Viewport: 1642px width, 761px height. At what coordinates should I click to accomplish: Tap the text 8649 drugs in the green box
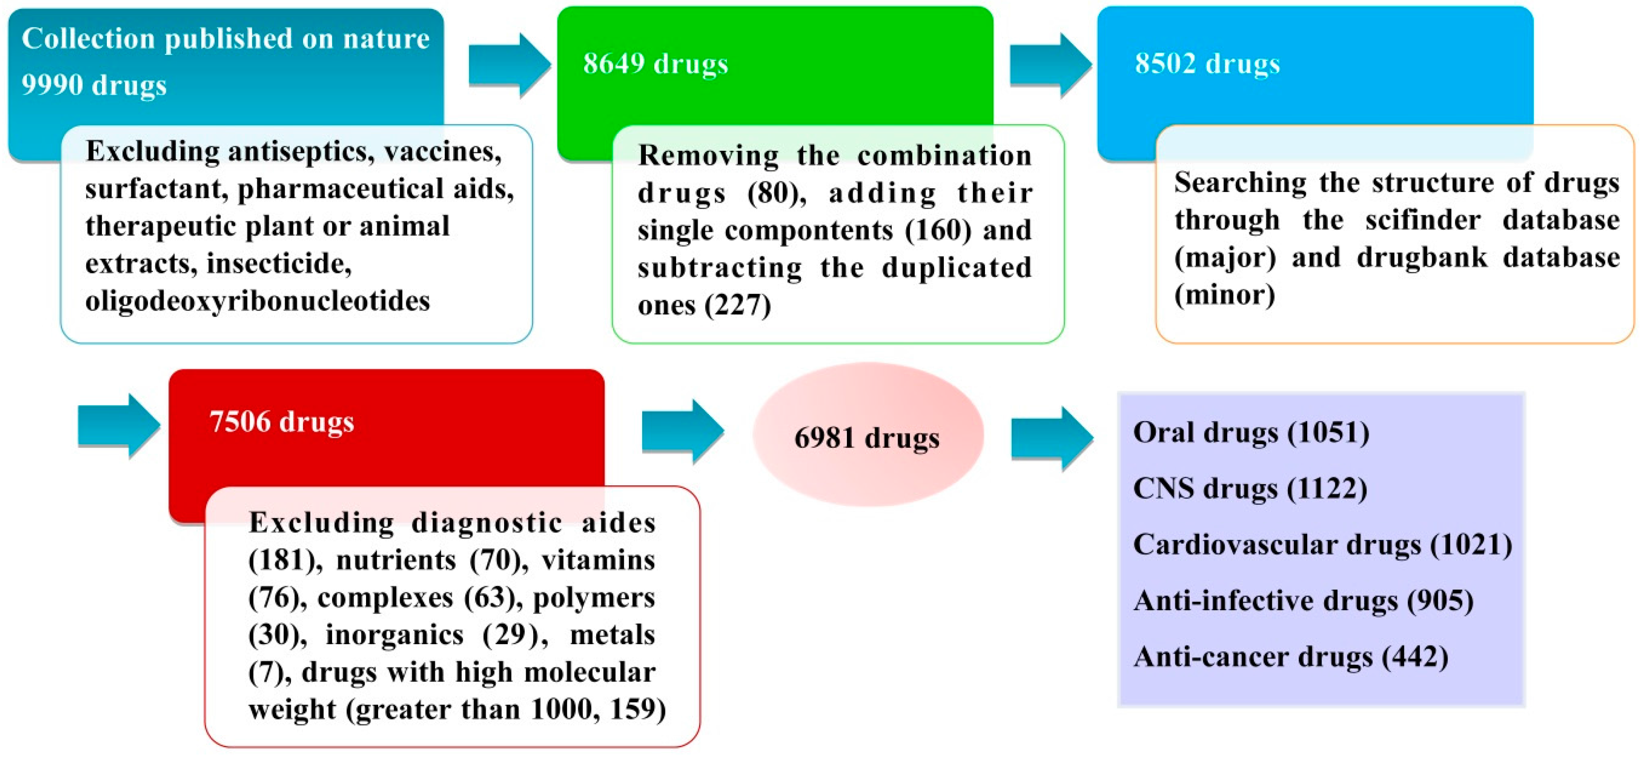click(x=655, y=64)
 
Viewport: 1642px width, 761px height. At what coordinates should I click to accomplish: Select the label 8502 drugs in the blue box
click(x=1207, y=64)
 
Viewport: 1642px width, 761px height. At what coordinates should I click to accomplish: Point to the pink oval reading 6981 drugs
click(x=867, y=438)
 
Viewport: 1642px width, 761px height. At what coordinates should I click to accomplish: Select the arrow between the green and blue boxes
click(x=1050, y=65)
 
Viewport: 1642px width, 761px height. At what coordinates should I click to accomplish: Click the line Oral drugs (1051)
click(x=1250, y=433)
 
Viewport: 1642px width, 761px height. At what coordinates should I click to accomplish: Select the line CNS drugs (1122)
click(x=1249, y=489)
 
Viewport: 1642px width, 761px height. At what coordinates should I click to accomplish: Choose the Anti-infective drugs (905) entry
click(x=1303, y=601)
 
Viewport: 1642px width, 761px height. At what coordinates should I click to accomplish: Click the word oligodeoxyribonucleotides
click(x=257, y=301)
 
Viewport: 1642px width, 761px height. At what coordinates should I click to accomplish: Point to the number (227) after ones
click(x=737, y=306)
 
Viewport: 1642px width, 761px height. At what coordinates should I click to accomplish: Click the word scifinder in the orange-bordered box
click(x=1422, y=220)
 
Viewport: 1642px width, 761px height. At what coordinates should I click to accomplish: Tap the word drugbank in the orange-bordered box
click(x=1421, y=258)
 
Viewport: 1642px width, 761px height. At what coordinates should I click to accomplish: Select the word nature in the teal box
click(x=386, y=39)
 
